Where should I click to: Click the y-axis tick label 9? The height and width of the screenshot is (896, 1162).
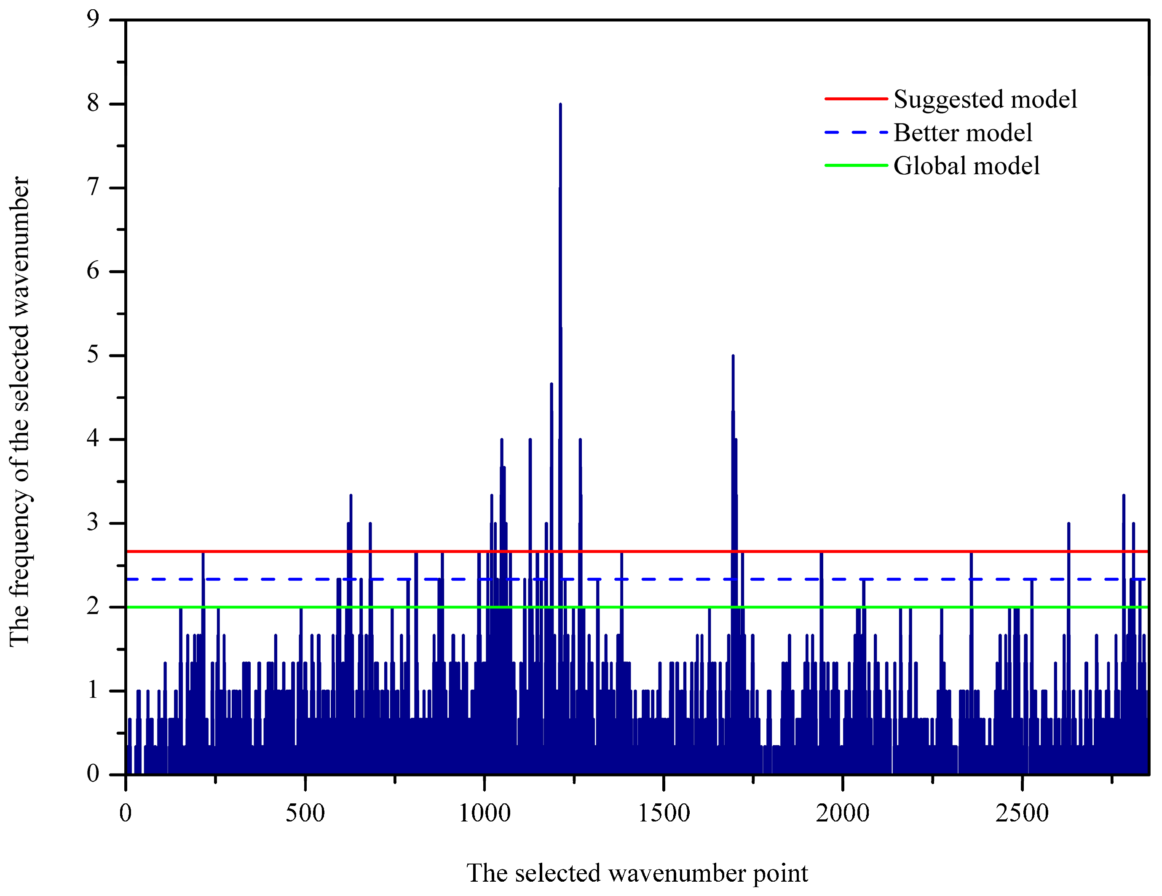pos(93,20)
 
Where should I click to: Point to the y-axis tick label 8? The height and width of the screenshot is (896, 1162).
pos(93,104)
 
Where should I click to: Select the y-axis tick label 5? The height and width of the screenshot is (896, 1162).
pos(93,355)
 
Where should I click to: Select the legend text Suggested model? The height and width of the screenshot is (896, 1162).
pos(985,99)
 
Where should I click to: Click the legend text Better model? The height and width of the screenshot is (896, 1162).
pos(963,133)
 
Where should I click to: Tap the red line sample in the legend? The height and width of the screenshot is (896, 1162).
pos(856,99)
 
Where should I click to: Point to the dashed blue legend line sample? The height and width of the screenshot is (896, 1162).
pos(856,132)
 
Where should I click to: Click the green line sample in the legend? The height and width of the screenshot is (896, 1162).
pos(856,165)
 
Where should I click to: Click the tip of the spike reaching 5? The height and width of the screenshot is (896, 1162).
pos(733,356)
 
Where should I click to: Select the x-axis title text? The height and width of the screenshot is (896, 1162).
pos(637,874)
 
